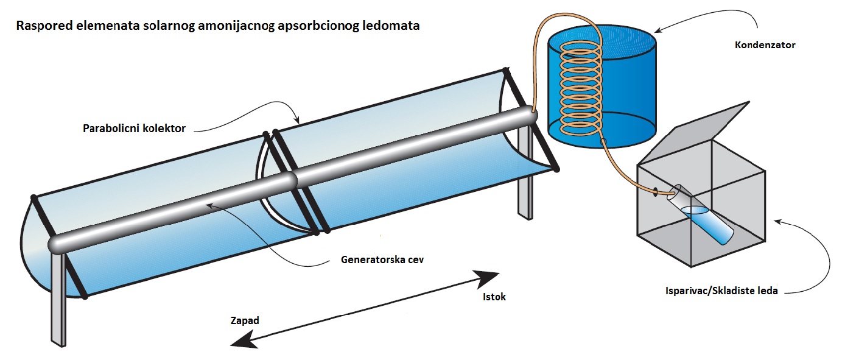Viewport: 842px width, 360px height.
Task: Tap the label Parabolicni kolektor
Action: tap(135, 129)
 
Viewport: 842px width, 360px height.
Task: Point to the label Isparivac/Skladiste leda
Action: tap(721, 291)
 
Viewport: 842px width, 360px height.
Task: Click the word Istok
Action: tap(494, 297)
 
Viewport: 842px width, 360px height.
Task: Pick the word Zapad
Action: tap(245, 320)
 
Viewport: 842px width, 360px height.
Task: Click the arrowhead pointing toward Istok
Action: tap(489, 279)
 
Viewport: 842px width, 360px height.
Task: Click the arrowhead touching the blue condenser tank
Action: tap(661, 30)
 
